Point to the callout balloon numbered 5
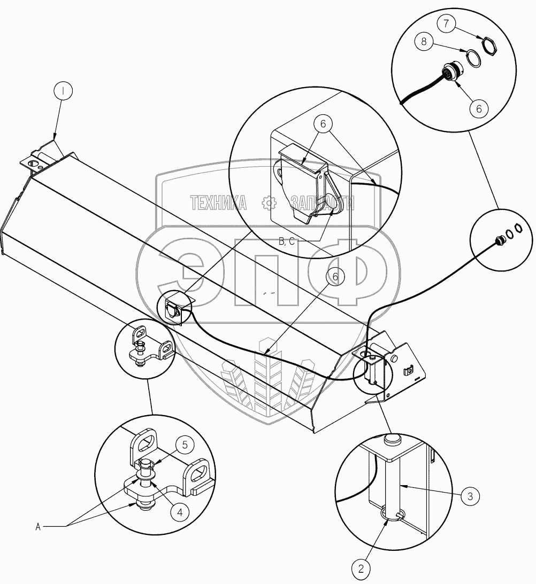point(184,444)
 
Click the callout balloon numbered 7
point(447,24)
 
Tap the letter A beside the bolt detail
point(38,527)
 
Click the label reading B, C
point(287,242)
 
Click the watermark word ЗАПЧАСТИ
point(323,203)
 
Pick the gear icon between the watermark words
point(268,203)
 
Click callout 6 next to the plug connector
point(479,107)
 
